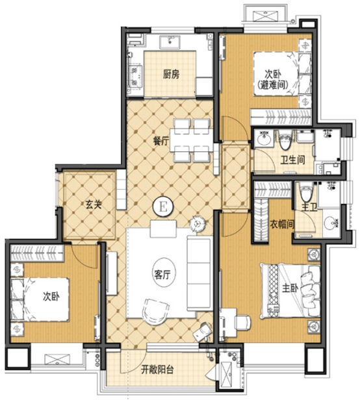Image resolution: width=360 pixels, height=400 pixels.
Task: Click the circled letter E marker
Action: (x=163, y=206)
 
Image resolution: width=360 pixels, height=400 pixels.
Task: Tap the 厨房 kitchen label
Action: (x=172, y=74)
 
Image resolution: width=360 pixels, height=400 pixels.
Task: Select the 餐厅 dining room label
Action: (x=161, y=141)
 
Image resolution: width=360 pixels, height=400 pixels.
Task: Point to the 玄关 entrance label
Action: (x=94, y=205)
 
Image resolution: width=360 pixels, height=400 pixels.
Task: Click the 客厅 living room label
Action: (x=162, y=275)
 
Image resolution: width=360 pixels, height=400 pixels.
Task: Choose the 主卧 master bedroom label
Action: (x=290, y=288)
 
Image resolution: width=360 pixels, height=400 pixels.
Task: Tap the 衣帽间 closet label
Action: (x=282, y=225)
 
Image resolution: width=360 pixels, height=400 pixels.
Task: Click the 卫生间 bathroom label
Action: (x=293, y=160)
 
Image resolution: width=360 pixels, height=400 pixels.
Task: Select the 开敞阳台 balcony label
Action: (x=157, y=369)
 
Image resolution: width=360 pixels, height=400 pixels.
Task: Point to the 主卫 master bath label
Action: (x=309, y=208)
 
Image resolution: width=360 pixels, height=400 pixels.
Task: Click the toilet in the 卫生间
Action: (x=286, y=141)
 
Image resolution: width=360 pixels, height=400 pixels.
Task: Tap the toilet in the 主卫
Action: (x=306, y=194)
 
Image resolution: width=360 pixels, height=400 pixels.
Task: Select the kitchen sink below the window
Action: (x=169, y=42)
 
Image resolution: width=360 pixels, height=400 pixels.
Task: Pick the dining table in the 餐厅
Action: (x=192, y=140)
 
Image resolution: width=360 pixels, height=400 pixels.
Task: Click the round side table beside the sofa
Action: (x=198, y=223)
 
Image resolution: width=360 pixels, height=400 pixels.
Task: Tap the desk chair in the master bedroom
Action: (x=242, y=323)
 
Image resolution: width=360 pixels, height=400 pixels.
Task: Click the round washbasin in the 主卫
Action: (x=331, y=223)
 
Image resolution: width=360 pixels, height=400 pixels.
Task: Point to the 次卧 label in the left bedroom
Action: (x=51, y=297)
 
